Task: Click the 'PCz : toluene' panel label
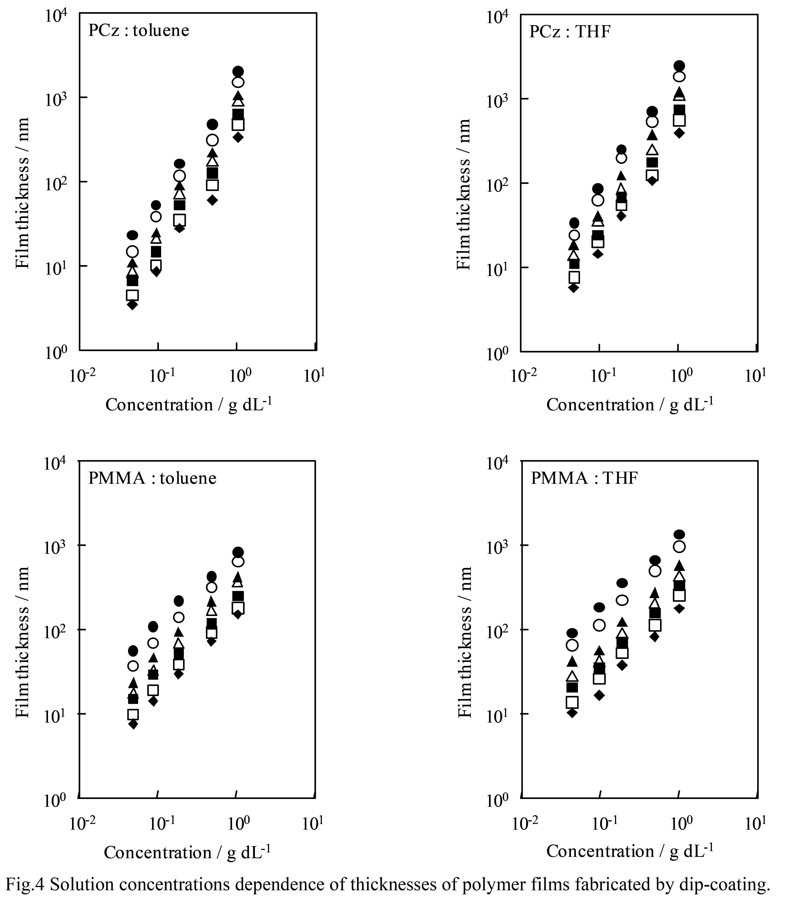[139, 30]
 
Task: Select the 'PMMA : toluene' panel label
[152, 478]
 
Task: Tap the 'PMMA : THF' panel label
[584, 478]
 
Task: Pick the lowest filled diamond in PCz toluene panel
[132, 305]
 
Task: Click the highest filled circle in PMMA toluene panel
[238, 552]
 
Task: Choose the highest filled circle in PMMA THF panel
[679, 535]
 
